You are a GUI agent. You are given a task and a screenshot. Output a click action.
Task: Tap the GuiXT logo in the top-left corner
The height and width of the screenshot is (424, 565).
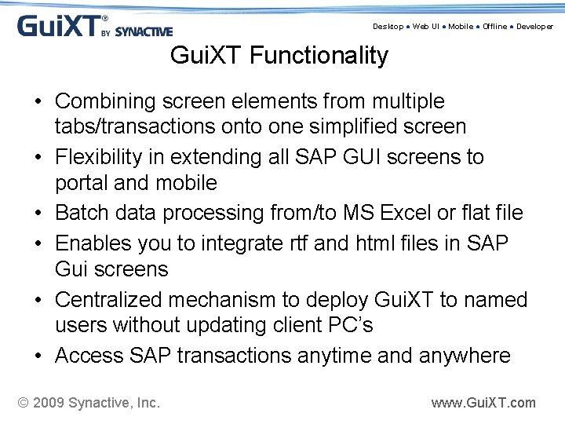pos(94,26)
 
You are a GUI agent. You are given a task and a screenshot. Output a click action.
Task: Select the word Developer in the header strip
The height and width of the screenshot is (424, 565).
pos(534,27)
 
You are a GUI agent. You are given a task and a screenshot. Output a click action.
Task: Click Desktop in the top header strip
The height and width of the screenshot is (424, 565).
pos(388,27)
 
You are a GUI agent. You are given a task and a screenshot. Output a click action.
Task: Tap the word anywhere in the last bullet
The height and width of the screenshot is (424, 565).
pos(466,356)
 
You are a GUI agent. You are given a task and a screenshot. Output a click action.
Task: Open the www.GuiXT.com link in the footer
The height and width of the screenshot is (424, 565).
pos(483,403)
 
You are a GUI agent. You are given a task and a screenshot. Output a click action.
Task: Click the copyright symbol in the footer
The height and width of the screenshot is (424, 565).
pos(24,403)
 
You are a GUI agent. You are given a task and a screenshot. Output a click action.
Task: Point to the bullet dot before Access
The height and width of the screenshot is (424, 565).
pos(38,356)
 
